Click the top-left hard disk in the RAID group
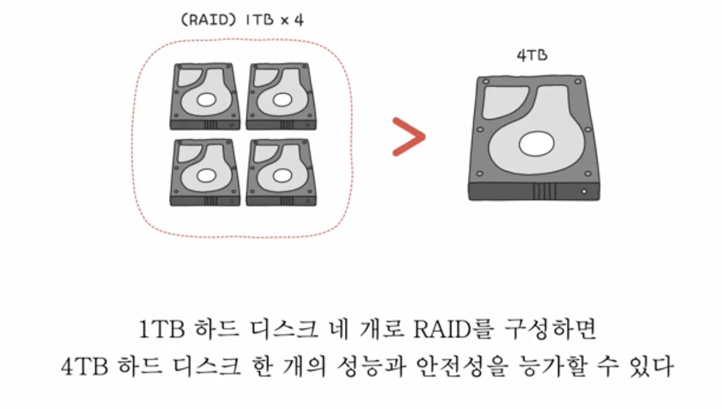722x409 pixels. [x=205, y=96]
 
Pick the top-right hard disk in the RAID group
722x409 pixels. [x=280, y=96]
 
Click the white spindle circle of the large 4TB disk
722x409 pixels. [x=536, y=144]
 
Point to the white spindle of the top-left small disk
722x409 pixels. [x=205, y=99]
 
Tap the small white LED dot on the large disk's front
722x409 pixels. [x=585, y=191]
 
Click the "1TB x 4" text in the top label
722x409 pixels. [x=275, y=20]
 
